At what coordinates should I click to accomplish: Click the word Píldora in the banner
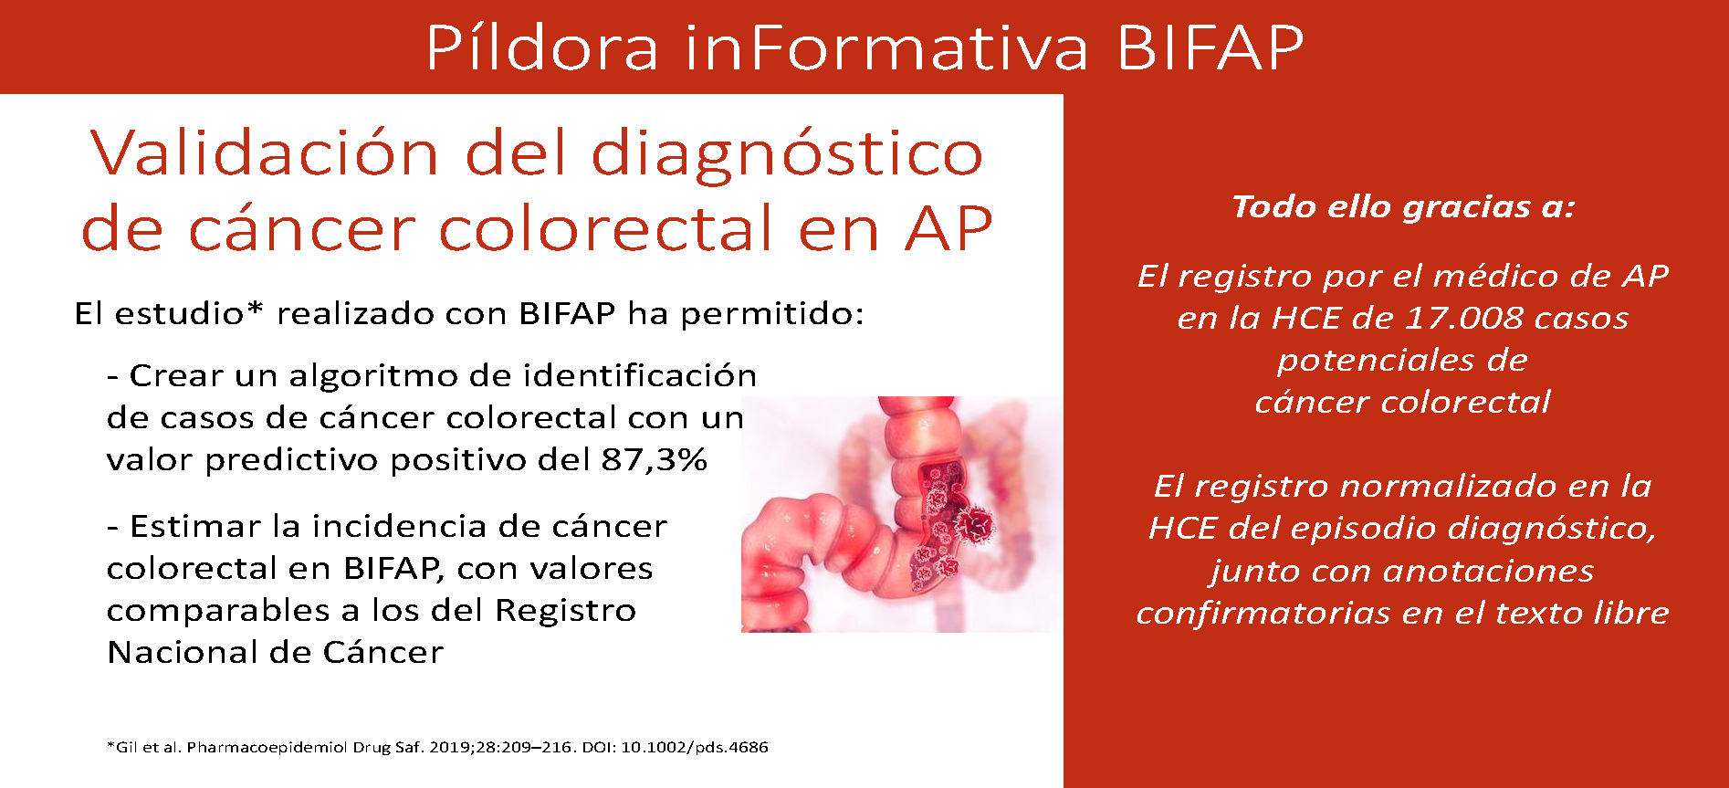click(542, 47)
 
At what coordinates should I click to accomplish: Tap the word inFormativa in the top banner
click(886, 47)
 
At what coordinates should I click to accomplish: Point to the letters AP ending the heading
click(948, 228)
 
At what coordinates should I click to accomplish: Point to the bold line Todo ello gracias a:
click(1403, 207)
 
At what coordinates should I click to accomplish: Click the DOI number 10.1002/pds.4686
click(695, 747)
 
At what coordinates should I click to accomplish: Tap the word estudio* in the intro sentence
click(189, 314)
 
